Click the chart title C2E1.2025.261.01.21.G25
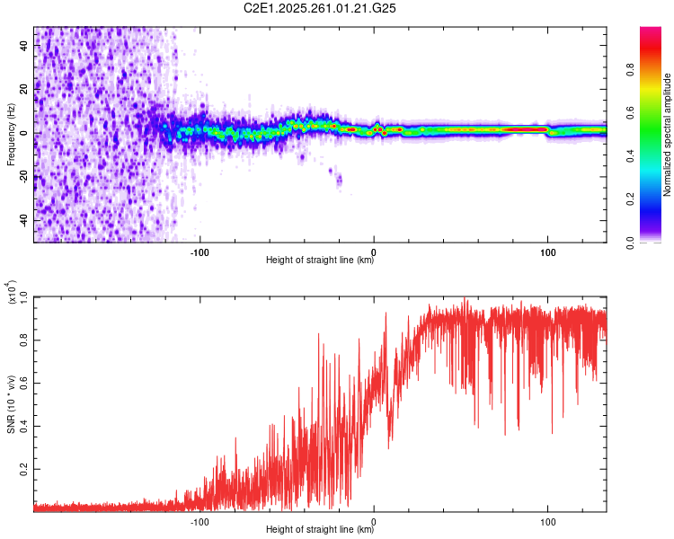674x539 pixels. [x=321, y=8]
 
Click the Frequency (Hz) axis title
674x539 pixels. [x=11, y=134]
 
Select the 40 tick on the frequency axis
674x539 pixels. [x=23, y=47]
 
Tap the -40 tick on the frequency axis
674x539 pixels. [x=23, y=221]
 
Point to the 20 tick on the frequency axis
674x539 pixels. [x=23, y=90]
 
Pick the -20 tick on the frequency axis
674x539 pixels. [x=23, y=177]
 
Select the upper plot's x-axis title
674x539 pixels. [x=320, y=261]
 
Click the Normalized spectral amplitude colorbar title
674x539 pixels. [x=668, y=135]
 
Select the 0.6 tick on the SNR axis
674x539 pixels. [x=23, y=382]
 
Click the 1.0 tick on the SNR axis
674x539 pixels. [x=23, y=296]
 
